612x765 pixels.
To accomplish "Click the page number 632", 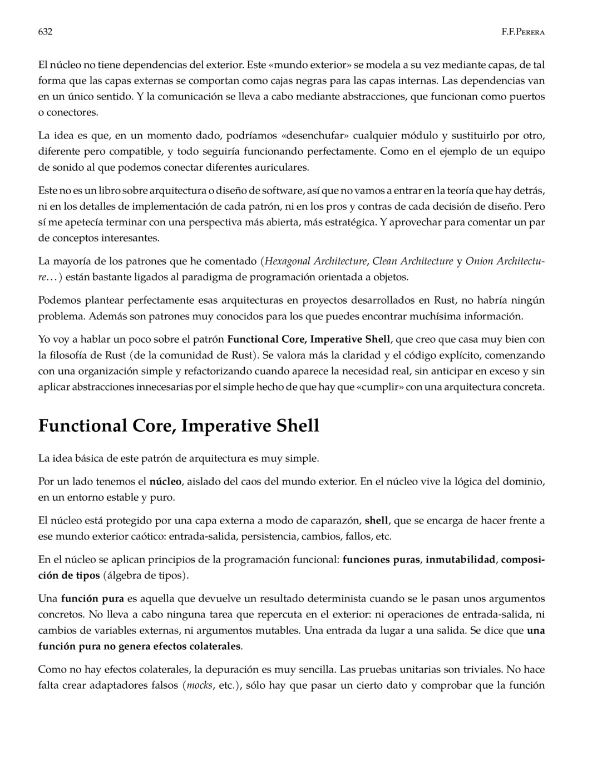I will pyautogui.click(x=45, y=32).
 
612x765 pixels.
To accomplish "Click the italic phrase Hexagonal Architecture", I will pyautogui.click(x=315, y=261).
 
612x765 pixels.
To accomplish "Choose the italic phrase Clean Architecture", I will pyautogui.click(x=412, y=261).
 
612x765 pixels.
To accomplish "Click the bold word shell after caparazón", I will pyautogui.click(x=376, y=521).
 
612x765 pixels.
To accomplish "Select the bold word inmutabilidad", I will pyautogui.click(x=460, y=560).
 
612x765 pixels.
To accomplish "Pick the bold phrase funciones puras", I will pyautogui.click(x=381, y=560).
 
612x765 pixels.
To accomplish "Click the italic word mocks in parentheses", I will pyautogui.click(x=199, y=685).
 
